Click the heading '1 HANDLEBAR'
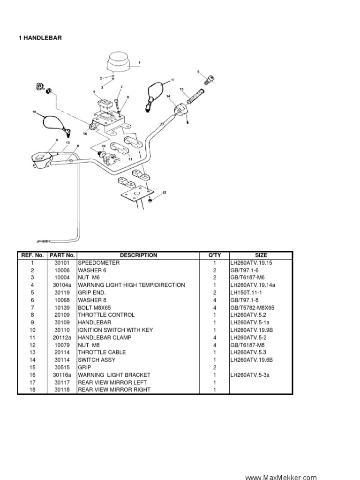(x=40, y=38)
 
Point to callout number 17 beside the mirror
(x=172, y=80)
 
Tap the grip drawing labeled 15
(x=196, y=97)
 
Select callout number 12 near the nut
(x=164, y=193)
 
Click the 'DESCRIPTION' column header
(x=138, y=255)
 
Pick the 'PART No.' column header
(x=62, y=255)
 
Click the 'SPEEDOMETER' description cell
(x=99, y=263)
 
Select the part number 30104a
(x=62, y=285)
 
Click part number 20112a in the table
(x=62, y=337)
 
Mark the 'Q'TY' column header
(x=214, y=255)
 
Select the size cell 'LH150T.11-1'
(x=249, y=292)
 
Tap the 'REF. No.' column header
(x=32, y=255)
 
